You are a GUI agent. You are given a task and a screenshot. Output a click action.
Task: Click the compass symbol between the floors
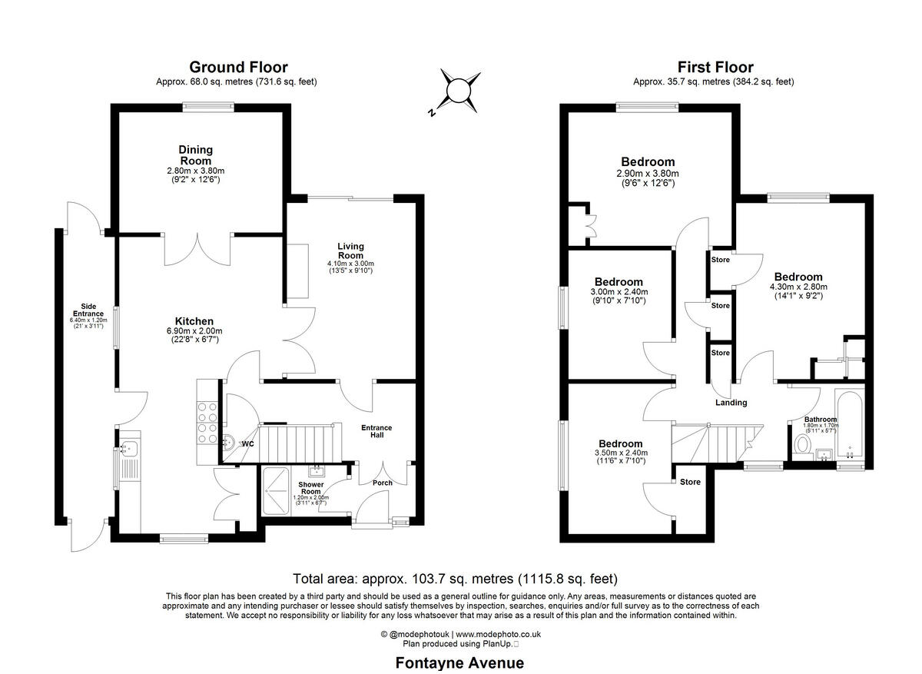(x=458, y=91)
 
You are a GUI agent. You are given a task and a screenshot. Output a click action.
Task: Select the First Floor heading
(x=715, y=68)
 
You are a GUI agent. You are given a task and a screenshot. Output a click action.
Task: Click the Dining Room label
(x=196, y=154)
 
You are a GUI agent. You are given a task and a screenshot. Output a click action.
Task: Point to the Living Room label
(x=350, y=251)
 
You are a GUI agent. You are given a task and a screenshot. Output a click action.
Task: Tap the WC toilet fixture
(x=229, y=443)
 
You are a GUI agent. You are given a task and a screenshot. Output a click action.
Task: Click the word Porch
(x=382, y=483)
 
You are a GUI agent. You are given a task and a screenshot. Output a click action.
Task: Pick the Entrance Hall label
(x=376, y=431)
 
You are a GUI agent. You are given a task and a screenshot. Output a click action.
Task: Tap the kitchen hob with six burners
(x=208, y=423)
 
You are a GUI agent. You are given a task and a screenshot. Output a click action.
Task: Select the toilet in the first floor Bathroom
(x=803, y=445)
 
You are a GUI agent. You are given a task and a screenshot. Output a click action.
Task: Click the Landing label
(x=731, y=403)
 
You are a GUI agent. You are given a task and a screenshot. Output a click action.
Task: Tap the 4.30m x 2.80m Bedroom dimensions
(x=798, y=287)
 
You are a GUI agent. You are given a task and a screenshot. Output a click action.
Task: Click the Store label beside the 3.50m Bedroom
(x=690, y=482)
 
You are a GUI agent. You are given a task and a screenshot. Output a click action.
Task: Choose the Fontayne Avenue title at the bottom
(x=459, y=662)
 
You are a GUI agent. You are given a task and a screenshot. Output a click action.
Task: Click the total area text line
(x=456, y=579)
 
